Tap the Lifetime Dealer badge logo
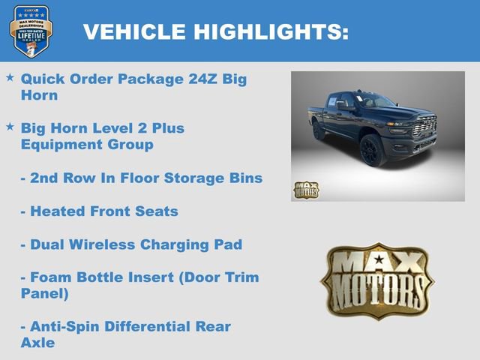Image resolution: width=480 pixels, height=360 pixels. click(x=31, y=31)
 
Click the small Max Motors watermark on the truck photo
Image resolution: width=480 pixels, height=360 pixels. click(x=306, y=190)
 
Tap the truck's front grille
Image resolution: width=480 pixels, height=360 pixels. click(x=423, y=127)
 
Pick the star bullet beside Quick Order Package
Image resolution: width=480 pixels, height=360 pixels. click(x=10, y=77)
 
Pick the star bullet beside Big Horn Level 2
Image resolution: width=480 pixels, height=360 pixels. click(x=10, y=127)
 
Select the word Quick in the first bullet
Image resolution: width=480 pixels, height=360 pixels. click(x=43, y=78)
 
